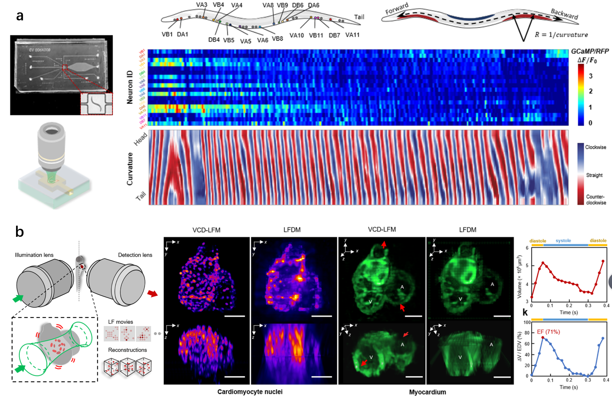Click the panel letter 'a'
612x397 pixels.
point(20,15)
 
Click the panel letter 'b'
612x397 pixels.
point(20,232)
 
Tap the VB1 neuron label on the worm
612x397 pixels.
point(167,34)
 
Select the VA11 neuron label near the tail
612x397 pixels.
point(352,35)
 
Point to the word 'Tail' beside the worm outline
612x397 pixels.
point(359,17)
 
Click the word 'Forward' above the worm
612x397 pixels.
point(397,8)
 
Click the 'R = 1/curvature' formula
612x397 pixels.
point(561,35)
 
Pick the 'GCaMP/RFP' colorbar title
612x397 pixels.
point(590,51)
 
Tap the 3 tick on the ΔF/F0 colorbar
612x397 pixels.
point(590,76)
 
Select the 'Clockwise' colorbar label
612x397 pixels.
point(596,147)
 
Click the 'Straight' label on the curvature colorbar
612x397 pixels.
point(594,175)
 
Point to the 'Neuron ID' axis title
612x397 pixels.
point(130,87)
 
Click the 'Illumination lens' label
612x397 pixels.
point(34,255)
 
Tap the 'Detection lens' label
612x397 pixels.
point(135,255)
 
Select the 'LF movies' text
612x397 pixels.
point(120,322)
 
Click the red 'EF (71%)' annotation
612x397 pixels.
point(548,332)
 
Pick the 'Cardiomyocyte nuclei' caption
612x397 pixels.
point(250,392)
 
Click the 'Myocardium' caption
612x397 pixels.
point(427,392)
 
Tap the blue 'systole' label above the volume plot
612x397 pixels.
point(563,240)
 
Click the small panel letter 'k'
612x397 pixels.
point(525,312)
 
